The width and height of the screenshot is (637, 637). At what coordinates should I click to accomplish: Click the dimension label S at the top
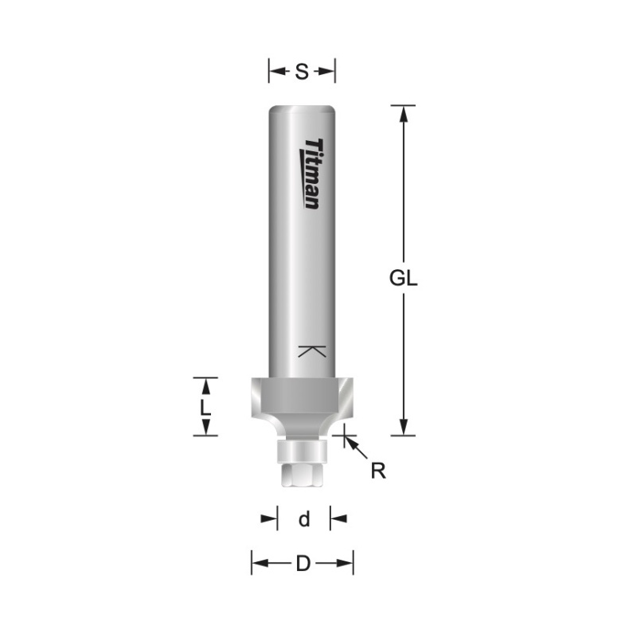point(302,72)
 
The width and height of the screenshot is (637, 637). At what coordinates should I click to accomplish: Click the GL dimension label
point(404,279)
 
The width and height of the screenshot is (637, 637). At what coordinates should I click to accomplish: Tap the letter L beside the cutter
point(205,407)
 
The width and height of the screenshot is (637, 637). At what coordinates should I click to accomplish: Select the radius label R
point(378,471)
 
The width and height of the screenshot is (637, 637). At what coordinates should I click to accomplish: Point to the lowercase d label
point(303,519)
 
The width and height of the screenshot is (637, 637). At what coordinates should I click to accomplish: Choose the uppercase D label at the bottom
point(303,564)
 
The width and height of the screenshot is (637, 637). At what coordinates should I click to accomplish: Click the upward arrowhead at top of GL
point(404,114)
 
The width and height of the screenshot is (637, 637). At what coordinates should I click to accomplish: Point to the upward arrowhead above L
point(206,386)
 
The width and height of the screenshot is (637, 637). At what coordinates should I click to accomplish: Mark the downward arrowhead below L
point(206,428)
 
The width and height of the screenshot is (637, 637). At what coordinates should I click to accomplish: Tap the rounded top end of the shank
point(302,109)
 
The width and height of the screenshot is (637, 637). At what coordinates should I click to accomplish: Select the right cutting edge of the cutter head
point(344,398)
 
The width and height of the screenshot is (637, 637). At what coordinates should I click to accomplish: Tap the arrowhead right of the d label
point(337,519)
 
